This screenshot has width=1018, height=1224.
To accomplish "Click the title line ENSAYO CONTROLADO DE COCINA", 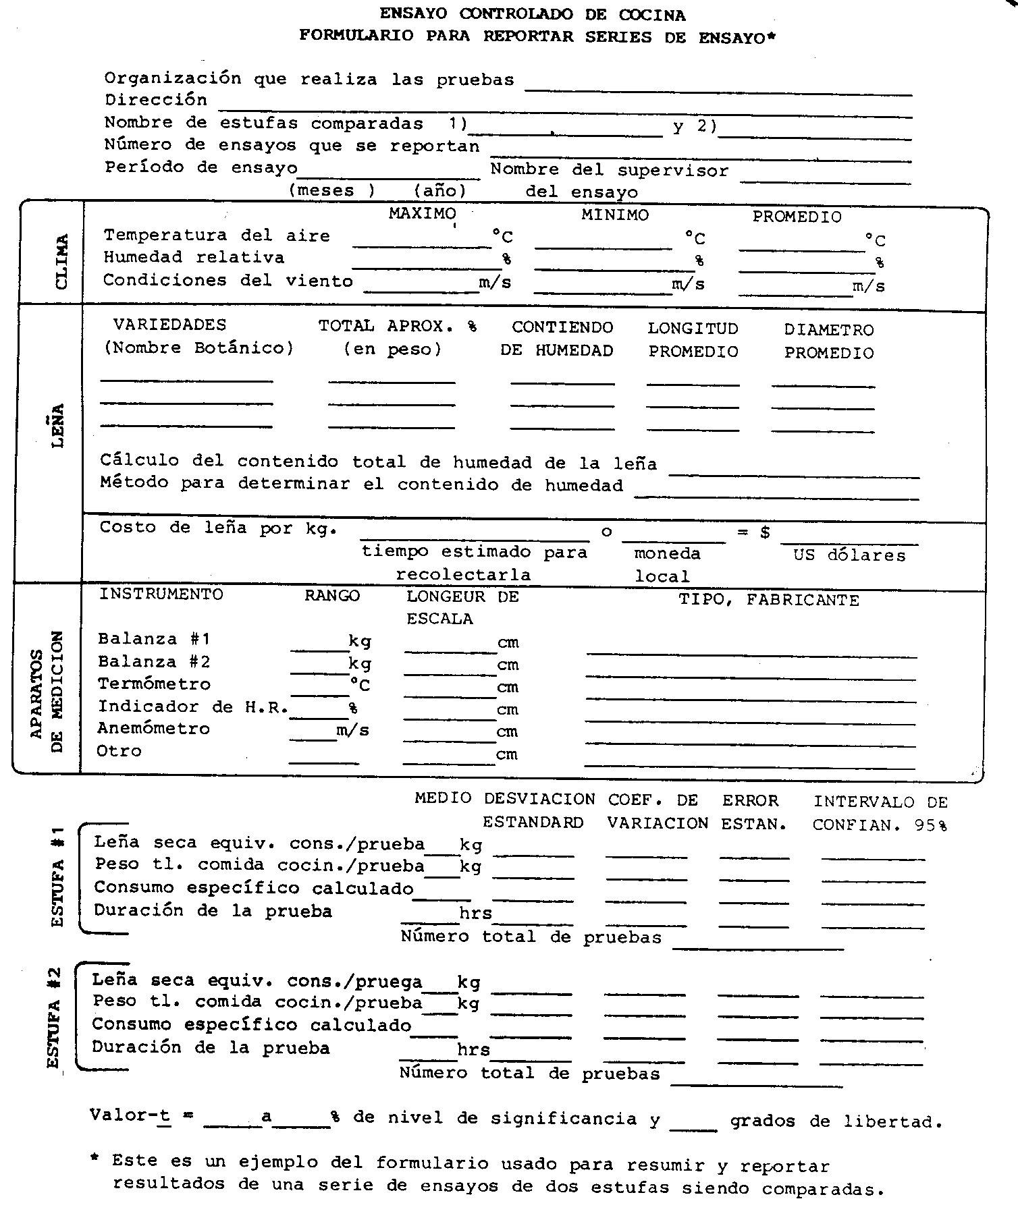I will pos(533,13).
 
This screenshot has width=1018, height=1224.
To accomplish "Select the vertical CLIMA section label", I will pos(61,262).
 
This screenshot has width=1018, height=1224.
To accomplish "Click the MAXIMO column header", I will pos(422,214).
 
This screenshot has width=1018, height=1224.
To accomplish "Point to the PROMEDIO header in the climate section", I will pos(797,217).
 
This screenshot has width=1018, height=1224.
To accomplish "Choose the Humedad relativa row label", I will pos(194,257).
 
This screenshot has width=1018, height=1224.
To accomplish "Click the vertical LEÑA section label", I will pos(58,425).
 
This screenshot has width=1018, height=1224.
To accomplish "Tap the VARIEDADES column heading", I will pos(169,325).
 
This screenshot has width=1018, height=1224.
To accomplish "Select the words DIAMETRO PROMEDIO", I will pos(829,341).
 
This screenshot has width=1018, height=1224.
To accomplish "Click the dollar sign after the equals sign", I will pos(765,532).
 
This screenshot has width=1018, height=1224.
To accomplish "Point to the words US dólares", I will pos(849,555).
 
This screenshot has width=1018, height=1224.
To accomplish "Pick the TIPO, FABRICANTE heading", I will pos(768,600).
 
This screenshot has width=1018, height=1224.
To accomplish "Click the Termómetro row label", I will pos(154,684).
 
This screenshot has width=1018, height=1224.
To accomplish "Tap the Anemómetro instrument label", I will pos(153,728).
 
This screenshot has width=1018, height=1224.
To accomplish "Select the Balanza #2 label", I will pos(154,661).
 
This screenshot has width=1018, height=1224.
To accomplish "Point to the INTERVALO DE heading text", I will pos(880,802).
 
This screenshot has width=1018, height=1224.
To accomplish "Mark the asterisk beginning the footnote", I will pos(96,1159).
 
